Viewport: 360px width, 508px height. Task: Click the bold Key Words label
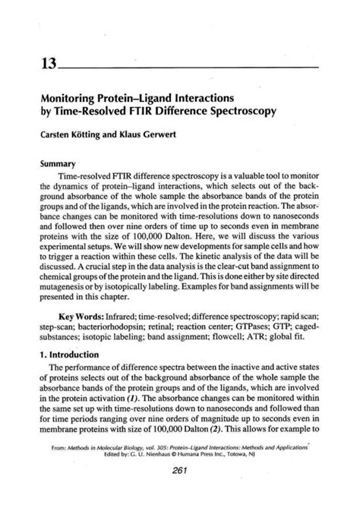pos(85,314)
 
